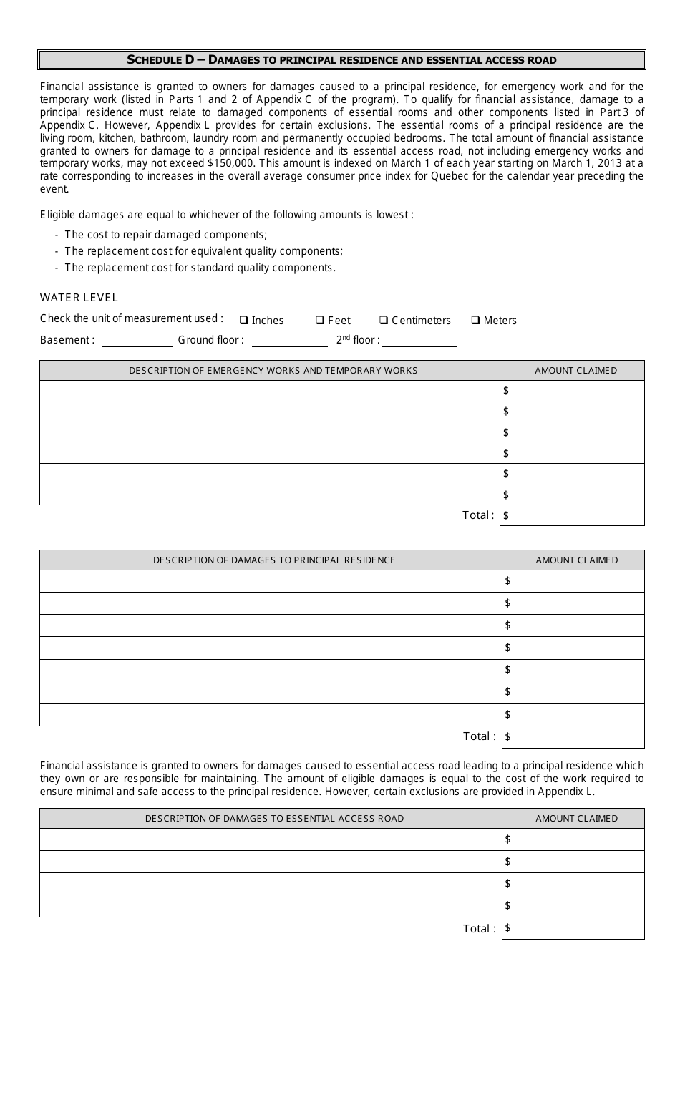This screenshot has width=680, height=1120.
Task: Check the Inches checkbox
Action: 244,320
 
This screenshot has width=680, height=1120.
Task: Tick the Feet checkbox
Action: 320,320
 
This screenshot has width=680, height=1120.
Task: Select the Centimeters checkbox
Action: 384,320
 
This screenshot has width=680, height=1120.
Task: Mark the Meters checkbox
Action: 475,320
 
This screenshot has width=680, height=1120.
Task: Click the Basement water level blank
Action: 137,341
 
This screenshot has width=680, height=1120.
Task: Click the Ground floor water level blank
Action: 289,341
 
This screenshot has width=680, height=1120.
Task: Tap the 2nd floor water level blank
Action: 419,341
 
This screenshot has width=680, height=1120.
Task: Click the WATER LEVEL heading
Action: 79,298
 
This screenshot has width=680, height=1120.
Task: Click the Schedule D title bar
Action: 341,60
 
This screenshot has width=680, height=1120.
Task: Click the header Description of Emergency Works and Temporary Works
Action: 273,371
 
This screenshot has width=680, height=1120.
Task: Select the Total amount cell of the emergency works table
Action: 573,515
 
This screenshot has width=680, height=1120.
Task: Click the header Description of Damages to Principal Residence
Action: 274,560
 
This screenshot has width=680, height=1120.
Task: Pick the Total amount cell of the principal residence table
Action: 573,736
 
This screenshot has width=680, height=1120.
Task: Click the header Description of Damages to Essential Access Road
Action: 274,819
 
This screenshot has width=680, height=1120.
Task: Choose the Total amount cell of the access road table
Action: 573,928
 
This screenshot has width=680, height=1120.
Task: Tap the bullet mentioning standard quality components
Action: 200,268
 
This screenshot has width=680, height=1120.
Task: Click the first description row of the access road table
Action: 271,839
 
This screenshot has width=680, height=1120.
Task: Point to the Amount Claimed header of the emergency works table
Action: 575,371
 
